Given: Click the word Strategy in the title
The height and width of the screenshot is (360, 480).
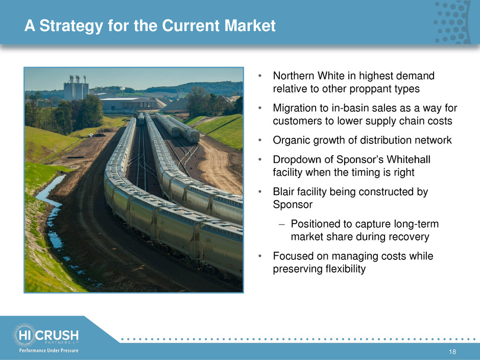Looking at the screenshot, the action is (71, 26).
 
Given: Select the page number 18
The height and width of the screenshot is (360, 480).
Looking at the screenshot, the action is (452, 352).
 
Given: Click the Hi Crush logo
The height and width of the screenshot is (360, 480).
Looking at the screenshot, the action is (45, 335).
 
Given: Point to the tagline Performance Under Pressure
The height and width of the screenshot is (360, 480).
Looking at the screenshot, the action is (49, 350).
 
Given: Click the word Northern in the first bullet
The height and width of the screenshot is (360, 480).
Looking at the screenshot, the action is (294, 76).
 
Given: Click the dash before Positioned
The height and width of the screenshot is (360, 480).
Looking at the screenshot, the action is (282, 224).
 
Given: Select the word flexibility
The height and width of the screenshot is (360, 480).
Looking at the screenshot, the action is (346, 269).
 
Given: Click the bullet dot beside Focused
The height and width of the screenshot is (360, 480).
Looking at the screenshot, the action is (260, 256).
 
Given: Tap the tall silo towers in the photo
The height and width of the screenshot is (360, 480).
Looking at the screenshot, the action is (76, 88).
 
